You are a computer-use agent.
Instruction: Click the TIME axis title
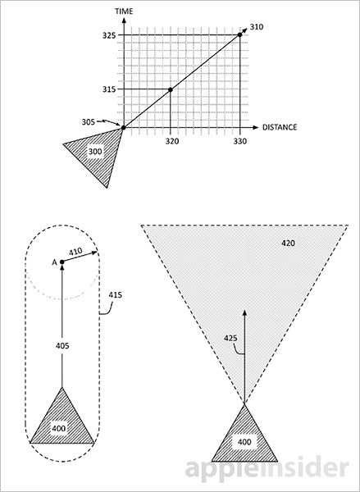[x=124, y=11]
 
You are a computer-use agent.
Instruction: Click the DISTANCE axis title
[x=280, y=127]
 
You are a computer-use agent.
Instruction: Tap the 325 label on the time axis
[x=109, y=35]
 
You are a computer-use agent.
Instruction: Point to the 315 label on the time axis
[x=109, y=89]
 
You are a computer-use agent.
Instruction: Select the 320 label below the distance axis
[x=172, y=142]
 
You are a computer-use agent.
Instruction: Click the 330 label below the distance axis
[x=239, y=142]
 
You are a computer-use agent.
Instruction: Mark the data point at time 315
[x=171, y=89]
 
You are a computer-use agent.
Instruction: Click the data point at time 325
[x=239, y=34]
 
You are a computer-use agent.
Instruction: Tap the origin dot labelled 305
[x=124, y=128]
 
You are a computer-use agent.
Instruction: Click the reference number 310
[x=257, y=27]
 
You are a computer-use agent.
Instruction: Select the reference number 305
[x=89, y=122]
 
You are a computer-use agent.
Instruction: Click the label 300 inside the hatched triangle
[x=95, y=152]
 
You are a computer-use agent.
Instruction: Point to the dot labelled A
[x=62, y=262]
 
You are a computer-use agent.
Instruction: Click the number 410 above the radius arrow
[x=75, y=252]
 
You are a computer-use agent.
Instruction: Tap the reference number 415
[x=115, y=295]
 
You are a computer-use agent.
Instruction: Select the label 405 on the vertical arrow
[x=62, y=346]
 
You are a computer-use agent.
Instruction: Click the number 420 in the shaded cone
[x=288, y=244]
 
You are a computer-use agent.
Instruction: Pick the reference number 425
[x=230, y=339]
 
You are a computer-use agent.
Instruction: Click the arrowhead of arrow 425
[x=244, y=312]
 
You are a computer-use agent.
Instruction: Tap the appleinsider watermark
[x=267, y=469]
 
